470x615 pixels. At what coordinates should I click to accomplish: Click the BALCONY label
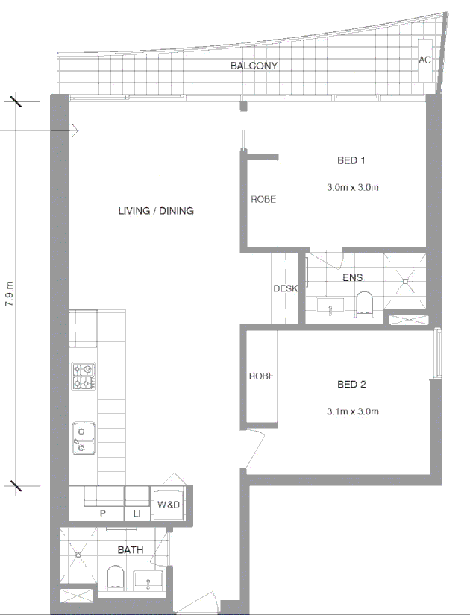tap(254, 66)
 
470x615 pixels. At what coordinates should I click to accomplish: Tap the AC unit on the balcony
tap(424, 60)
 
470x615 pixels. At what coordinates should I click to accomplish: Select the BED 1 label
tap(351, 160)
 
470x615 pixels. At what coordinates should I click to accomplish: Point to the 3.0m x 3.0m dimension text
tap(353, 187)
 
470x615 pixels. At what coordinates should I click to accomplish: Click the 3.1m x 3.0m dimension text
tap(353, 411)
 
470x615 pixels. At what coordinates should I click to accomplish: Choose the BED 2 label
tap(351, 385)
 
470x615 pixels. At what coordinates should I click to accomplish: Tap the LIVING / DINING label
tap(156, 211)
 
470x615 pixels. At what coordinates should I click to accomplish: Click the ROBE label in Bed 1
tap(262, 199)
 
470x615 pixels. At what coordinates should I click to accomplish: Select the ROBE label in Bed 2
tap(261, 376)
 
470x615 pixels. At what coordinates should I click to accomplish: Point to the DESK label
tap(285, 288)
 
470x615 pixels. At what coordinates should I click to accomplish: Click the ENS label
tap(352, 278)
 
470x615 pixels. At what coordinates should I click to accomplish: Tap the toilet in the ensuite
tap(365, 304)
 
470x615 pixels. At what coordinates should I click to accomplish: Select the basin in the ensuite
tap(329, 306)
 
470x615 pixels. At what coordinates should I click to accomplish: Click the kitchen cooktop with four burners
tap(84, 376)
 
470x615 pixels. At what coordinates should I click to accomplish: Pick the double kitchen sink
tap(83, 438)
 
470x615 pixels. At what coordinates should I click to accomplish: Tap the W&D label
tap(168, 505)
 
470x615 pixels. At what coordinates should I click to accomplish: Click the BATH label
tap(131, 550)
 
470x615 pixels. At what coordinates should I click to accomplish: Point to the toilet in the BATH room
tap(116, 578)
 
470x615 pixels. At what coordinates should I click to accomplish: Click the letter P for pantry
tap(102, 514)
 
